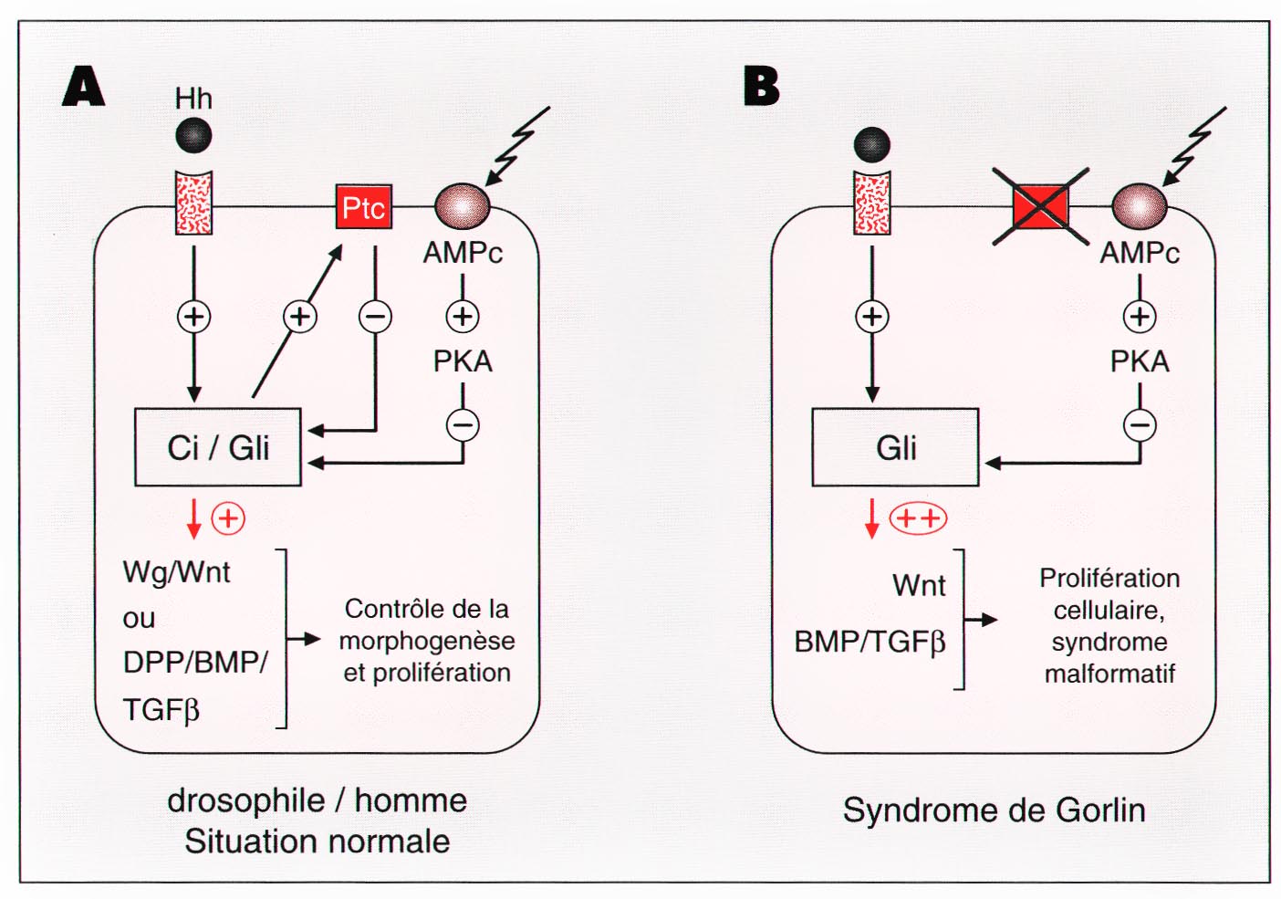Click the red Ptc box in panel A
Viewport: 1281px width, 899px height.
(363, 207)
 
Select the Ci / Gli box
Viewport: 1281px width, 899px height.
(218, 447)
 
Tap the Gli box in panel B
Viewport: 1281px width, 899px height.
(895, 447)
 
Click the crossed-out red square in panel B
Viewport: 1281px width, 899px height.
(1041, 206)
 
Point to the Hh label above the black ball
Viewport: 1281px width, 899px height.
(193, 98)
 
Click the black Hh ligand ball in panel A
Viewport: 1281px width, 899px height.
(193, 136)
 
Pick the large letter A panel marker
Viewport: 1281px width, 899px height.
(84, 87)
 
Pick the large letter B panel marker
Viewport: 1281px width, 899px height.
(762, 87)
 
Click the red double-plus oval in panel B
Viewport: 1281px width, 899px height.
(918, 518)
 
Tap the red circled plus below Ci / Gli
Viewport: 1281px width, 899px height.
(228, 518)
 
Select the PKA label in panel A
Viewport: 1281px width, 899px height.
(463, 361)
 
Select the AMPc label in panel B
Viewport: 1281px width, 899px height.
(1140, 253)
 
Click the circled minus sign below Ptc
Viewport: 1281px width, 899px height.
(375, 317)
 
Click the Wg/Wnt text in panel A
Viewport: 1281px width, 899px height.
(176, 572)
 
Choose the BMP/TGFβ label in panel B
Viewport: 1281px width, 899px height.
(870, 642)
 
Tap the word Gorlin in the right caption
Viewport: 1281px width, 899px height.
(1100, 810)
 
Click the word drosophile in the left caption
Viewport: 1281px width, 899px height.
(246, 800)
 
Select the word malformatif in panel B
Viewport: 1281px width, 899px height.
(1109, 674)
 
